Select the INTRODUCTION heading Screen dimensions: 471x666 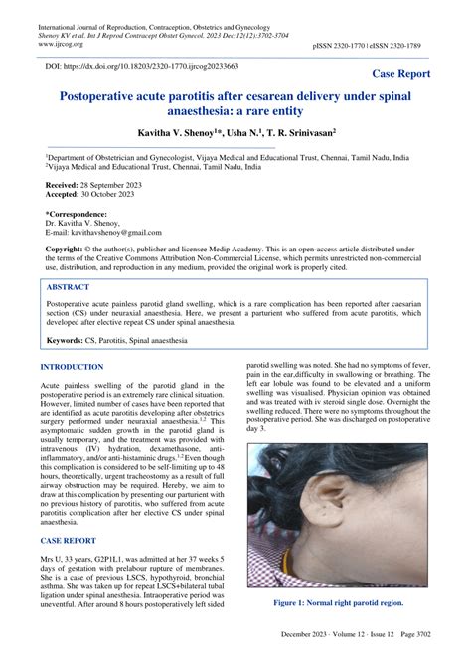coord(71,367)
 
